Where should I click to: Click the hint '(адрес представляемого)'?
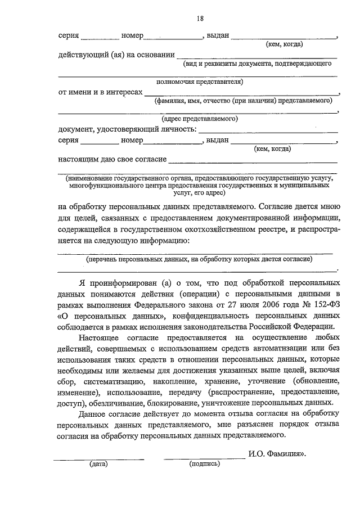[200, 119]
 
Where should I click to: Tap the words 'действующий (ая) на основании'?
[115, 55]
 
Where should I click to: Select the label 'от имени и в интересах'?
[100, 92]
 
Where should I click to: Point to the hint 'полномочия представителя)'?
[200, 82]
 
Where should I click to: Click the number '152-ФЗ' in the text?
[324, 304]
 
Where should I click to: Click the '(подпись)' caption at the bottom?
[205, 465]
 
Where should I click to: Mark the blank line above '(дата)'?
[98, 458]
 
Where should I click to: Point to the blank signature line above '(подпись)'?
[204, 458]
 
